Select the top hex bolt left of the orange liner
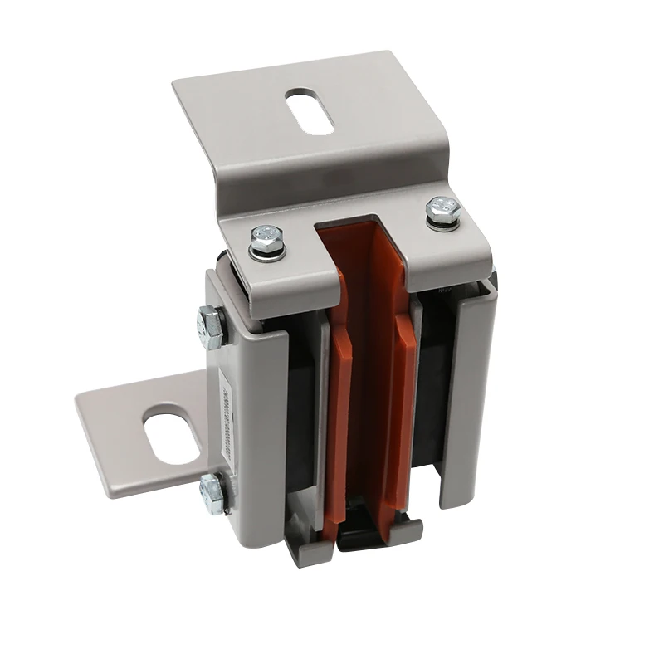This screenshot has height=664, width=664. pyautogui.click(x=267, y=239)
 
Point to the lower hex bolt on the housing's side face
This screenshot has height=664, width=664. pyautogui.click(x=213, y=493)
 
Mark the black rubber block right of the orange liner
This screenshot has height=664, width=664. pyautogui.click(x=433, y=390)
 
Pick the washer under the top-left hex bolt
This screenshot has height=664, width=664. pyautogui.click(x=267, y=251)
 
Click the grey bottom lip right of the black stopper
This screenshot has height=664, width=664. pyautogui.click(x=407, y=531)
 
